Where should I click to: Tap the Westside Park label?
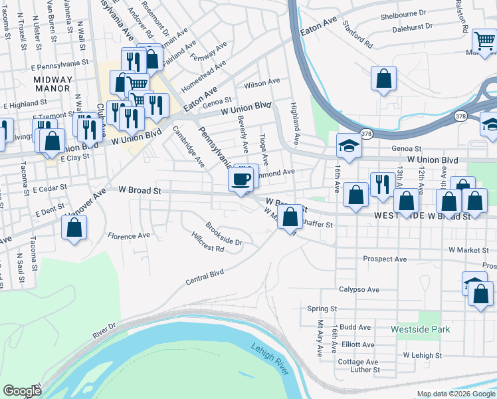pyautogui.click(x=421, y=329)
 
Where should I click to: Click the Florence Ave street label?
pyautogui.click(x=129, y=236)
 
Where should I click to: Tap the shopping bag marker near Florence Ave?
pyautogui.click(x=74, y=229)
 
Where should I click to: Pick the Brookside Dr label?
pyautogui.click(x=224, y=233)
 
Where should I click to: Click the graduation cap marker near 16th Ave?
pyautogui.click(x=348, y=144)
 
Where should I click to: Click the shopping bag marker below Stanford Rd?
pyautogui.click(x=384, y=78)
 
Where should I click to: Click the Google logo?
pyautogui.click(x=21, y=391)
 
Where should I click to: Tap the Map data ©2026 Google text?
pyautogui.click(x=456, y=394)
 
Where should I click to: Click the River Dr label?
pyautogui.click(x=104, y=329)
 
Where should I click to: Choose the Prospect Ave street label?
pyautogui.click(x=384, y=259)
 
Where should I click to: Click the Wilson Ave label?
pyautogui.click(x=262, y=82)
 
